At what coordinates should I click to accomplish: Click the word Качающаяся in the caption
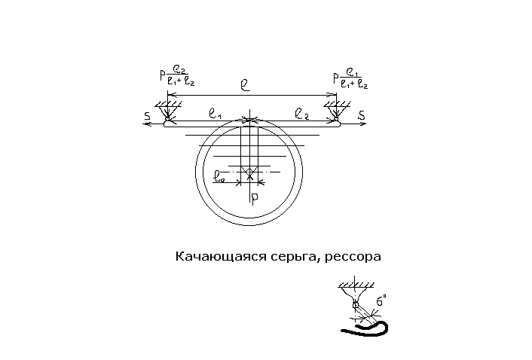tap(211, 257)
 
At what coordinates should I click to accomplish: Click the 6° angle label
tap(382, 301)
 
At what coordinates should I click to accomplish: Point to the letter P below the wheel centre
tap(255, 198)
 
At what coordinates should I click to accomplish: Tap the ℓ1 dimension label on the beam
tap(213, 114)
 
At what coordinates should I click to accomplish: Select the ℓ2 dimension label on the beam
tap(301, 114)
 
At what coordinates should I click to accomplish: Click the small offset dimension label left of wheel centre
tap(219, 178)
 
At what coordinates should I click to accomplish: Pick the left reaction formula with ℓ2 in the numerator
tap(181, 78)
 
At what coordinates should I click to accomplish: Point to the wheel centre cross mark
tap(250, 172)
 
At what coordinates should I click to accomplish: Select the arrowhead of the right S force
tap(365, 124)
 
